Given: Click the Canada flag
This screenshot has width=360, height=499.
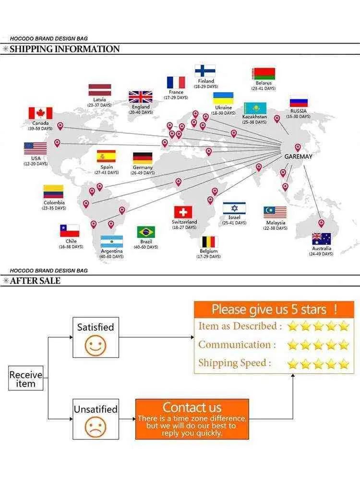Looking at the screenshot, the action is (40, 113).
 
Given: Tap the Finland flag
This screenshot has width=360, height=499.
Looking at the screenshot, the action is (205, 71).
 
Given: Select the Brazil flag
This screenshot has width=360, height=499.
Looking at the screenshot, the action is (146, 232).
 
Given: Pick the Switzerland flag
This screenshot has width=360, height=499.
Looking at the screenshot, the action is (183, 212).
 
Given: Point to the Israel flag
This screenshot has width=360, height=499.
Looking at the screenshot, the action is (234, 208).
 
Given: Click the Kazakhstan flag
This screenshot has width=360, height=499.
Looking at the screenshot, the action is (255, 108).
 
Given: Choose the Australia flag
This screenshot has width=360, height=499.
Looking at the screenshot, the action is (321, 238).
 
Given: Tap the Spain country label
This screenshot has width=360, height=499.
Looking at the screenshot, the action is (107, 167).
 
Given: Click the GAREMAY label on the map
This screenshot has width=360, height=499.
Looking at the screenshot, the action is (298, 156).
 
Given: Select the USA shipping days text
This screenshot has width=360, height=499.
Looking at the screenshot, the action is (36, 164).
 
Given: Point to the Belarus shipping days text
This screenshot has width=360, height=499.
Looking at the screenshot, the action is (264, 88).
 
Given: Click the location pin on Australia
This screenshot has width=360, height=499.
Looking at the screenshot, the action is (322, 223).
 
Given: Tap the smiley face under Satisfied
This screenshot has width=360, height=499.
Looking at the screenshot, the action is (96, 345).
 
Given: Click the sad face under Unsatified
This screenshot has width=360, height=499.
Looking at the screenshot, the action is (96, 427).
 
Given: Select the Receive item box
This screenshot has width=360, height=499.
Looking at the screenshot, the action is (25, 378).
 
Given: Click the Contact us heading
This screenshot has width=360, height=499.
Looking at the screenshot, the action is (192, 407).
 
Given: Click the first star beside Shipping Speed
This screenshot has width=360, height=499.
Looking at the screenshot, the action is (292, 364).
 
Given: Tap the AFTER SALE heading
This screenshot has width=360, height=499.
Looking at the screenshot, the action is (35, 281).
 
